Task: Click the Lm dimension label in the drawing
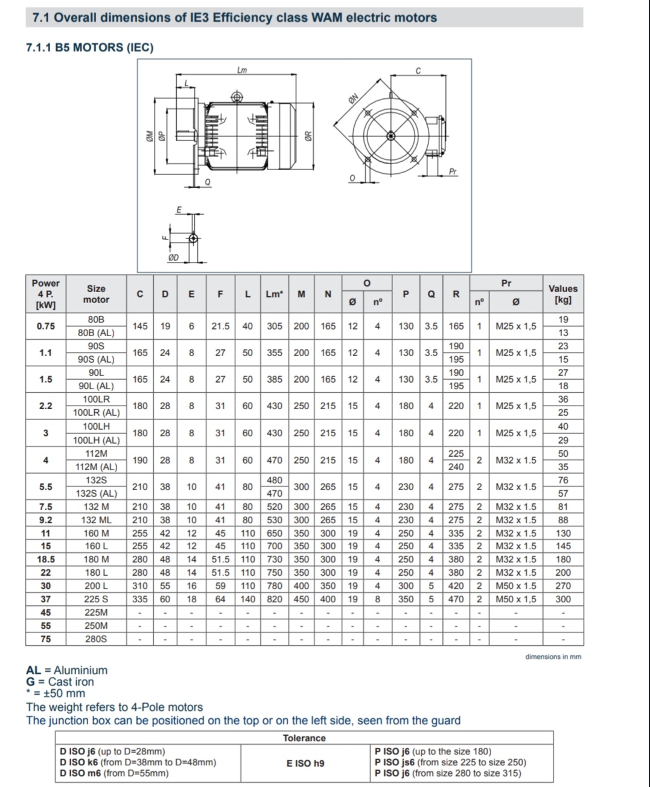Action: tap(242, 71)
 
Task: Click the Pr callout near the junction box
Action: tap(453, 172)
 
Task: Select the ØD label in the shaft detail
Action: tap(173, 258)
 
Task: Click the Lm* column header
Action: tap(275, 294)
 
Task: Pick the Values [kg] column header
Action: tap(562, 294)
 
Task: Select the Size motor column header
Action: tap(96, 294)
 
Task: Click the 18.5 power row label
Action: tap(46, 559)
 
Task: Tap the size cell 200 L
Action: tap(96, 586)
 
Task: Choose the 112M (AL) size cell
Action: tap(96, 467)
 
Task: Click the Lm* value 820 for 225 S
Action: tap(275, 599)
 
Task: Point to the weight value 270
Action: tap(562, 586)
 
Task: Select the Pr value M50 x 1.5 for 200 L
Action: tap(515, 586)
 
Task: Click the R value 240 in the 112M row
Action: tap(456, 467)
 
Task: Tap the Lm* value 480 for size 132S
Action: tap(275, 480)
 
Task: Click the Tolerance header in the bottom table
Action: tap(304, 738)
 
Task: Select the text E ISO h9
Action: tap(305, 763)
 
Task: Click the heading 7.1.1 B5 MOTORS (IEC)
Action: tap(90, 47)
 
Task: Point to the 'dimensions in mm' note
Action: tap(553, 657)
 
